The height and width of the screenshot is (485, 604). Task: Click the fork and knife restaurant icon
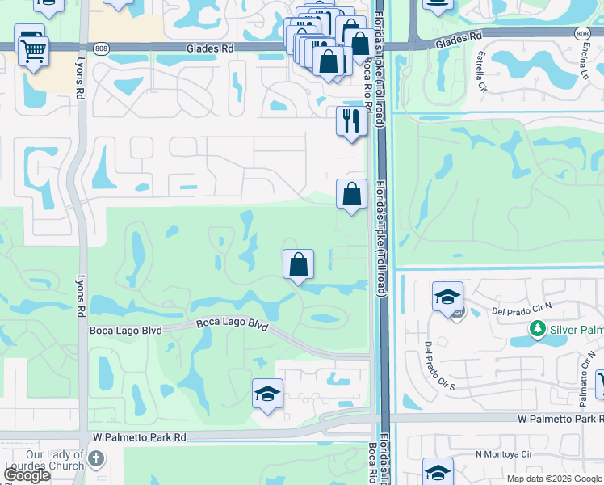(351, 120)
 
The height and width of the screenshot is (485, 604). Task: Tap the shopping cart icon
(34, 51)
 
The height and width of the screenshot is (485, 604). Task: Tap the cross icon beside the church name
(96, 460)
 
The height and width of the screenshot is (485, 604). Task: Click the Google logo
(27, 475)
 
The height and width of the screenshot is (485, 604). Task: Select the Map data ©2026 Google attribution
(554, 479)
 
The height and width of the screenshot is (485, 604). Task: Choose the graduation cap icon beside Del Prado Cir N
(447, 296)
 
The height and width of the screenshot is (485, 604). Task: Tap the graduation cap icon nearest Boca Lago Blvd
(267, 393)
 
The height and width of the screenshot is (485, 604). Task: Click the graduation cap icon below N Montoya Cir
(438, 471)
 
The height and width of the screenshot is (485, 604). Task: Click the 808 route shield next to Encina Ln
(583, 34)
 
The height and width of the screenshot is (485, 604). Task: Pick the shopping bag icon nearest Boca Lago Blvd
(298, 264)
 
